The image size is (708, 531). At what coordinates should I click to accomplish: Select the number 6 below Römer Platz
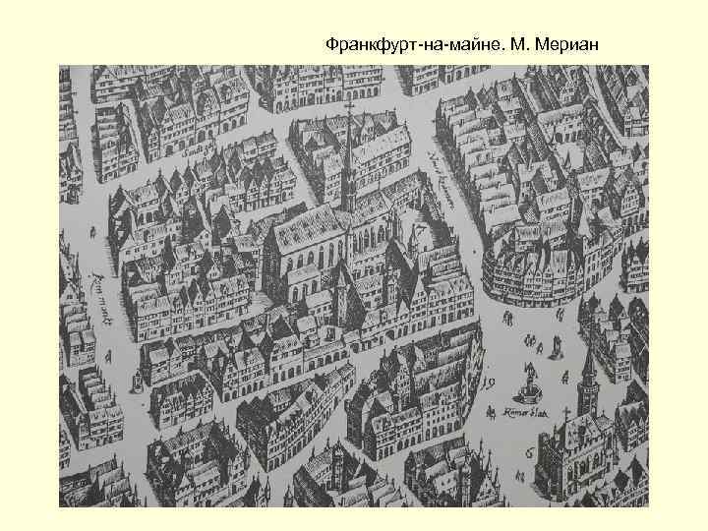point(529,451)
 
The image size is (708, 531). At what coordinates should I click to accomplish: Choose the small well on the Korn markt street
point(135,383)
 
